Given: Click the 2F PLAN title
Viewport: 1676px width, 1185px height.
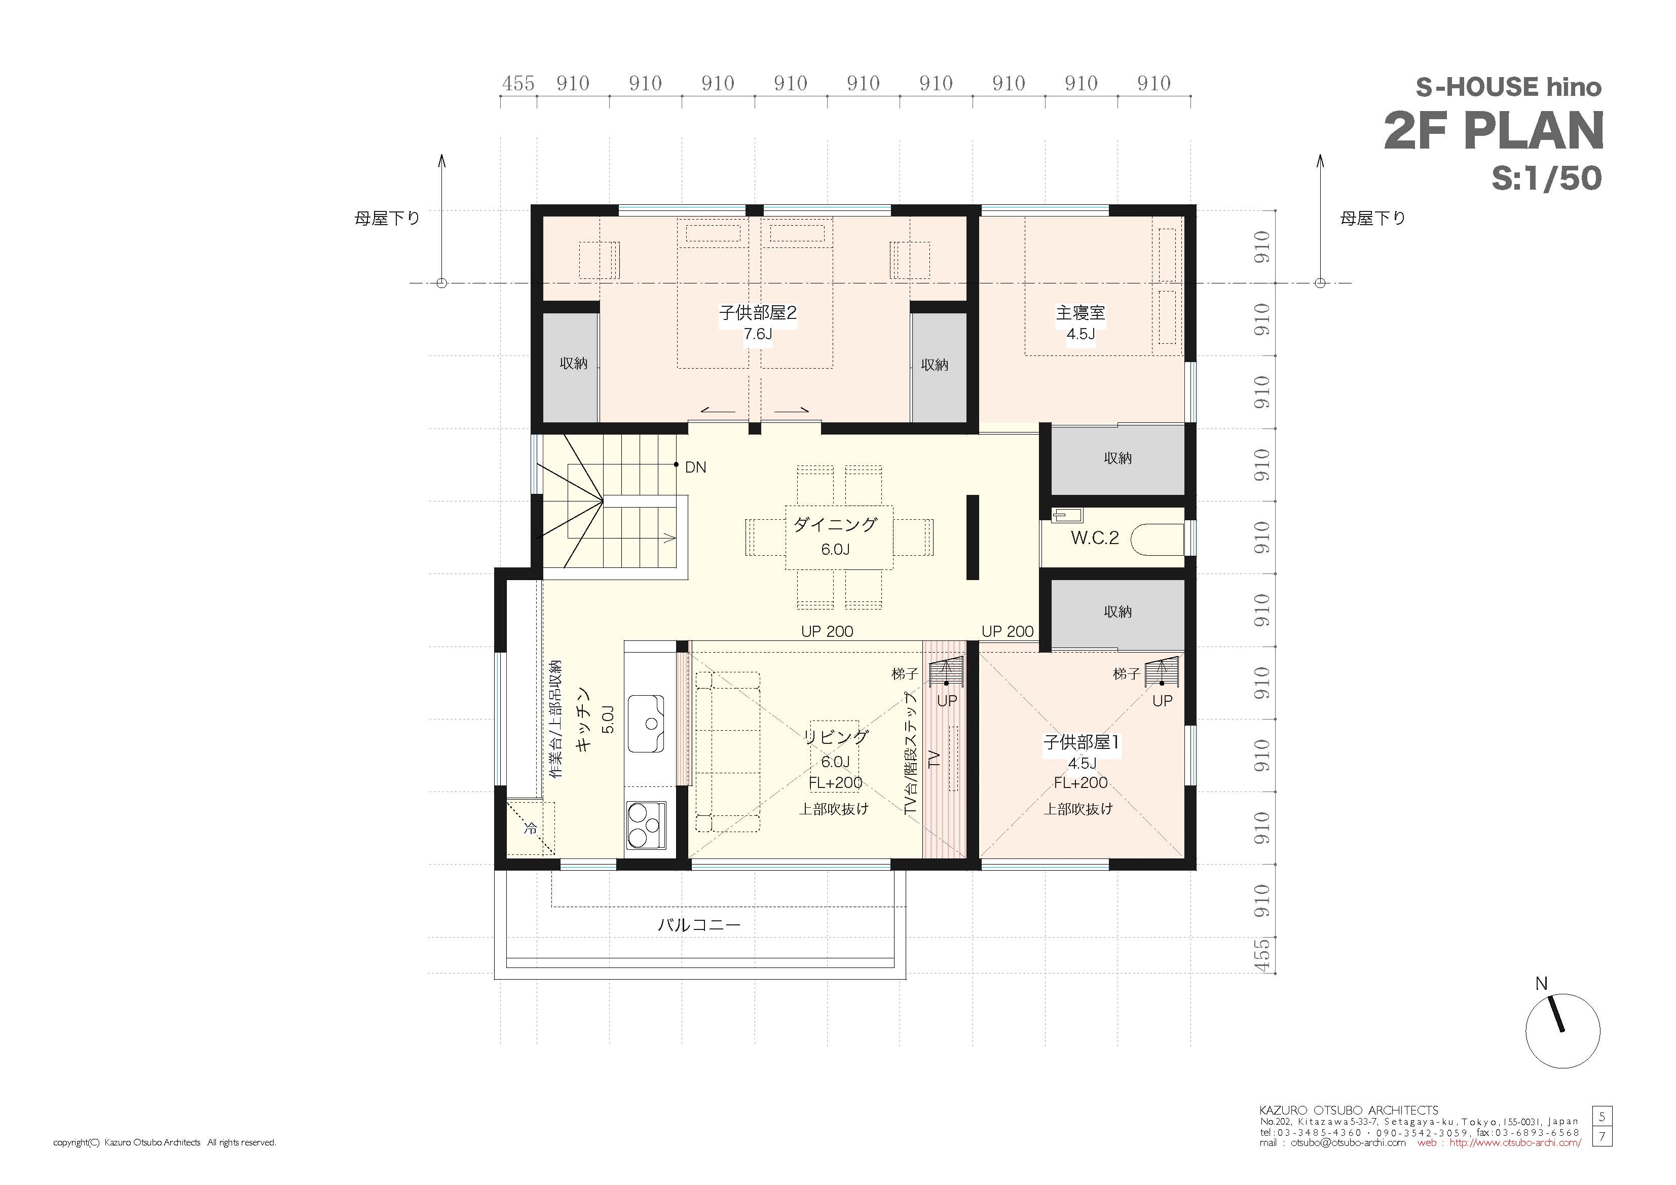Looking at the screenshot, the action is click(1494, 131).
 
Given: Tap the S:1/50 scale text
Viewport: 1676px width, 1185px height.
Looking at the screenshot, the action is click(1547, 178).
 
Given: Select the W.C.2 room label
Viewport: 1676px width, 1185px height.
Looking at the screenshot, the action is click(1094, 538).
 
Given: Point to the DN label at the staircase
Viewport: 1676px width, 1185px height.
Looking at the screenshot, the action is click(695, 468).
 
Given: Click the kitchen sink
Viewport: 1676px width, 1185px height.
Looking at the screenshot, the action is click(645, 723).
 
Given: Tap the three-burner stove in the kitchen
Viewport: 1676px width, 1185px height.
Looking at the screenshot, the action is click(646, 825).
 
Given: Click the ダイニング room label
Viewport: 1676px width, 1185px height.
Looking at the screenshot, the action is click(835, 524).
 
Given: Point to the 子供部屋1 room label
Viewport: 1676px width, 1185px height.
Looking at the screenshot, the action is click(1081, 742).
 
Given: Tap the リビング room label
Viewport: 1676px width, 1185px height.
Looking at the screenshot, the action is click(836, 737).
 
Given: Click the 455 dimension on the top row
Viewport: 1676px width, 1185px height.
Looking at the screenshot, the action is click(518, 83).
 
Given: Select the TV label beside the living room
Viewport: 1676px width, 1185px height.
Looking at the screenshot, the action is click(934, 760).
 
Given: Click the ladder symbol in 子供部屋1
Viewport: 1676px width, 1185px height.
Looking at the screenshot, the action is click(1162, 672).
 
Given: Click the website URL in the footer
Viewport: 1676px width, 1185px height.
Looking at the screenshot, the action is click(1515, 1142).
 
